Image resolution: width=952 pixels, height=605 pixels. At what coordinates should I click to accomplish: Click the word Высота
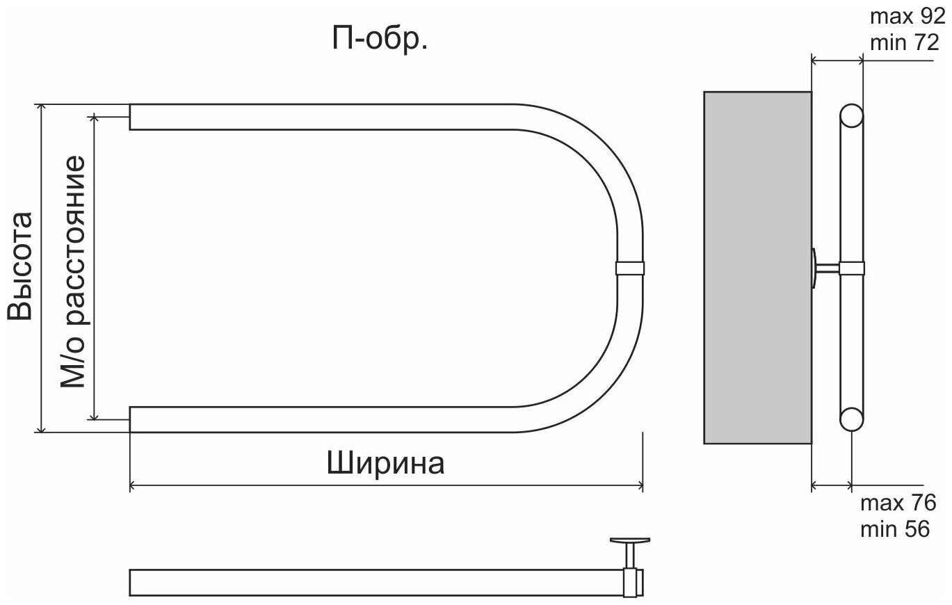click(x=21, y=266)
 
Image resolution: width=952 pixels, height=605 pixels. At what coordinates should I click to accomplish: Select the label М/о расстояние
click(x=74, y=271)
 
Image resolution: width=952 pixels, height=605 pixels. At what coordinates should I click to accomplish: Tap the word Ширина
click(x=385, y=463)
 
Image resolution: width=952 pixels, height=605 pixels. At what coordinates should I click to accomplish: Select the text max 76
click(x=898, y=503)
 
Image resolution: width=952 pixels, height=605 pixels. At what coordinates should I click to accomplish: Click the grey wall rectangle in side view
click(x=757, y=268)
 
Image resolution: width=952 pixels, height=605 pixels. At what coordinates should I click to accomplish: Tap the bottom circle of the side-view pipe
click(x=851, y=420)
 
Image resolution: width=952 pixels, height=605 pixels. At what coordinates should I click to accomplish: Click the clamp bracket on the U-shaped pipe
click(x=630, y=268)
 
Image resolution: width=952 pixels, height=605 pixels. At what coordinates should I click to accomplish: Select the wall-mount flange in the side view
click(x=815, y=267)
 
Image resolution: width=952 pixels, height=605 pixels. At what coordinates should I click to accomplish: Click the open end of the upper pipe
click(x=131, y=117)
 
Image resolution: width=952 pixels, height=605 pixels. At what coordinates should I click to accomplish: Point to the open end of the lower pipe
click(x=131, y=419)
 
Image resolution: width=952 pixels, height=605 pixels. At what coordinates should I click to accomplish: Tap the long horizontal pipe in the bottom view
click(x=376, y=583)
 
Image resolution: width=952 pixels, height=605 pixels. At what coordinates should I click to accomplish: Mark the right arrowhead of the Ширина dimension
click(x=639, y=486)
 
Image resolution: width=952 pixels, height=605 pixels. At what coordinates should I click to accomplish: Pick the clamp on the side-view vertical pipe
click(x=852, y=268)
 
